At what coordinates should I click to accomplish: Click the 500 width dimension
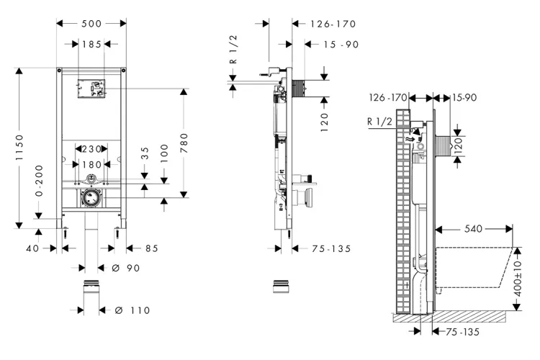coord(91,23)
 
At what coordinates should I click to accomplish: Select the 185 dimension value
coord(91,44)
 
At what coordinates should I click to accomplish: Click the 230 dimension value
coord(91,150)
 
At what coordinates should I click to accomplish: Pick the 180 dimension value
coord(91,163)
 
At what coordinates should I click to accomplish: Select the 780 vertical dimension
coord(185,142)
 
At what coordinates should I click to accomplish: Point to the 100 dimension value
coord(165,153)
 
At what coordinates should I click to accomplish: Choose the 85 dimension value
coord(151,248)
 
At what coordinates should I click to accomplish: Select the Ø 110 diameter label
coord(132,310)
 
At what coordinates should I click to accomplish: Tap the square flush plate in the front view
coord(91,87)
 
